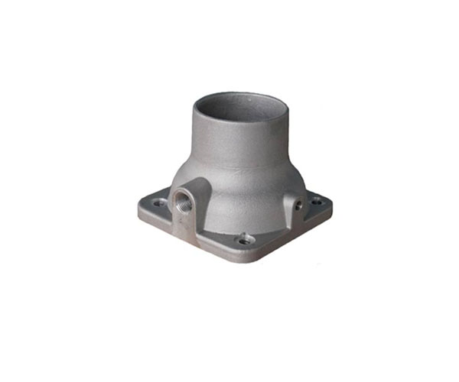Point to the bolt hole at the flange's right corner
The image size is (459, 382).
[x=314, y=202]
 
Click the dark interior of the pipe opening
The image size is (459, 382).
[x=238, y=107]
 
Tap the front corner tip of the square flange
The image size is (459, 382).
[x=246, y=261]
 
